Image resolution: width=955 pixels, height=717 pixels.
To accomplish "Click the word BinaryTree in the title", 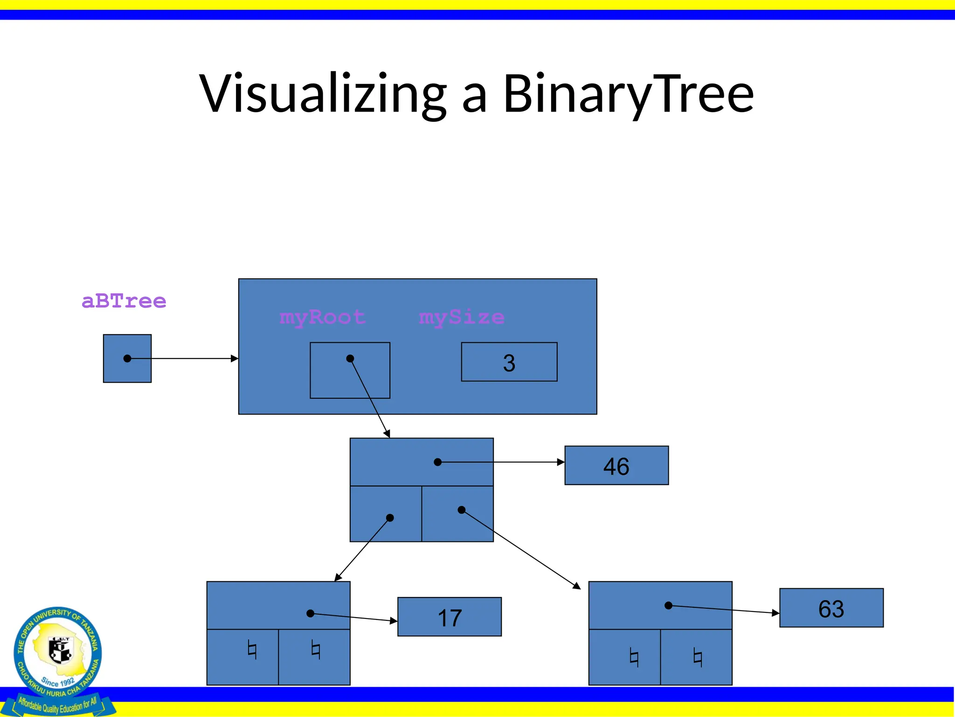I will tap(628, 93).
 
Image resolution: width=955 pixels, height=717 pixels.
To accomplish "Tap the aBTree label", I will tap(124, 301).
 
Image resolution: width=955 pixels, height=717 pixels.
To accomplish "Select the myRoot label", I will tap(322, 318).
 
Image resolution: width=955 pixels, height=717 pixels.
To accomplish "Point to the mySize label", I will tap(461, 318).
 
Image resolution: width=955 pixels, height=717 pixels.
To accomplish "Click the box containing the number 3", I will tap(509, 362).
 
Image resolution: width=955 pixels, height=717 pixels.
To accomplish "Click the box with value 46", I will tap(616, 465).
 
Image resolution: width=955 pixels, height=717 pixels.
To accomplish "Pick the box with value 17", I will tap(449, 617).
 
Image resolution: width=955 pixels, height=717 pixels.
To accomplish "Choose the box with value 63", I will tap(831, 608).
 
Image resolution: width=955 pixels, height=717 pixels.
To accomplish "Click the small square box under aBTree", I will tap(127, 358).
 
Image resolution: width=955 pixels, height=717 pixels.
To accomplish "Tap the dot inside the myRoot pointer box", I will tap(350, 358).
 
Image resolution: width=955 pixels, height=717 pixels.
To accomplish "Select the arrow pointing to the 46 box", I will tap(513, 462).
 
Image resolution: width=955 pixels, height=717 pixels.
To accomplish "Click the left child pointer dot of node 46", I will tap(390, 518).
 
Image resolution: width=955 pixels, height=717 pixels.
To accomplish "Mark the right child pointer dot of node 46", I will tap(461, 510).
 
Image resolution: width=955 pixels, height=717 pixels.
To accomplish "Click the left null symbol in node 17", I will tap(252, 650).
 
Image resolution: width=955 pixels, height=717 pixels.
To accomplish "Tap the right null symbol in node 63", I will tap(698, 658).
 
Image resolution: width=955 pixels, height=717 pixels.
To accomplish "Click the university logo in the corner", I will tap(58, 656).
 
